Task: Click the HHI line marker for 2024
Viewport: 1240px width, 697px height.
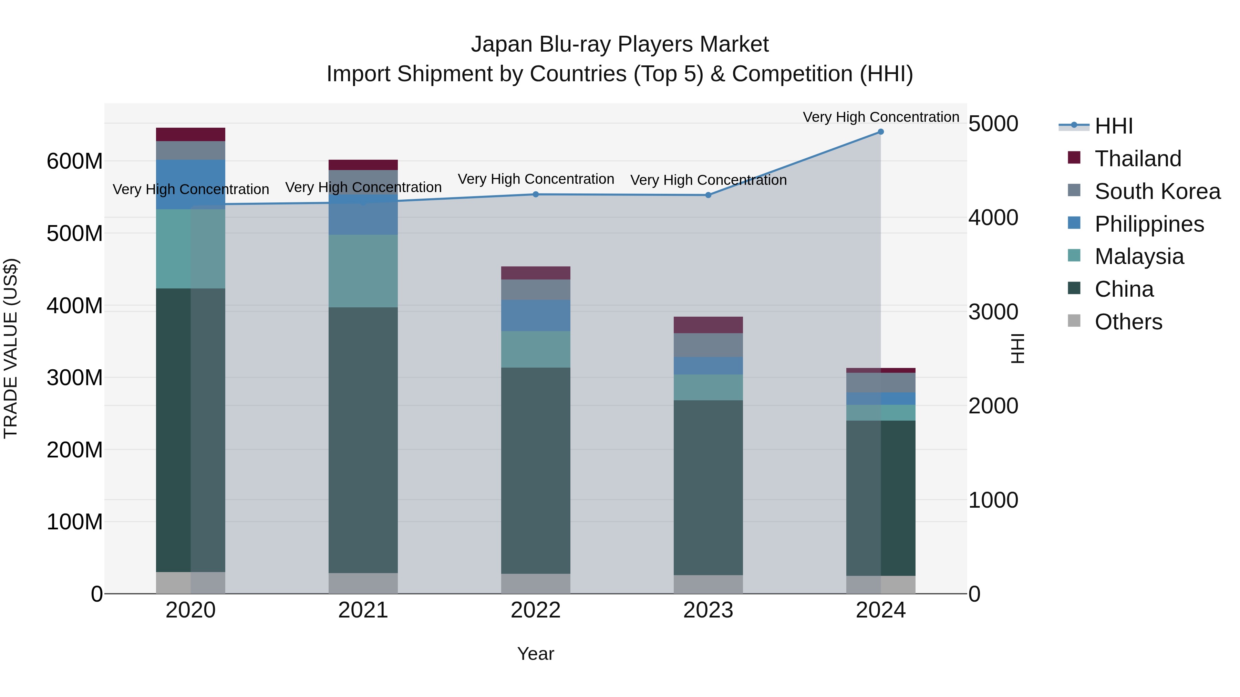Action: pyautogui.click(x=880, y=132)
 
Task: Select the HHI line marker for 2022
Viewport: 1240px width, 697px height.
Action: pyautogui.click(x=536, y=194)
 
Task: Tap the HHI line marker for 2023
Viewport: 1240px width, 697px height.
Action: pyautogui.click(x=708, y=195)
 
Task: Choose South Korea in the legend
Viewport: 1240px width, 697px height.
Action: pyautogui.click(x=1157, y=191)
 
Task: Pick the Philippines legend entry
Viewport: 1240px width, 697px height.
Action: pyautogui.click(x=1149, y=224)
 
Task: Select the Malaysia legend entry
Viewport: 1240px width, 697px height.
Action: pyautogui.click(x=1139, y=256)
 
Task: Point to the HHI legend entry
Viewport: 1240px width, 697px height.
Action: pyautogui.click(x=1113, y=126)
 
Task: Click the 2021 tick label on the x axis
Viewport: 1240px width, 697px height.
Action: pyautogui.click(x=363, y=610)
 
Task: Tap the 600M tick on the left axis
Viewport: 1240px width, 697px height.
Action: pyautogui.click(x=75, y=161)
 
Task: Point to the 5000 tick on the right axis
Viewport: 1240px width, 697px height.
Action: pyautogui.click(x=993, y=124)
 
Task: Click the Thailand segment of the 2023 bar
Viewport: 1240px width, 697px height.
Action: pyautogui.click(x=708, y=325)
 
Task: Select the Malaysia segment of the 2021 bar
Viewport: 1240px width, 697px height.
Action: pyautogui.click(x=363, y=271)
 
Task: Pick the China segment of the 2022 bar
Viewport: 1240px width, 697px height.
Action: pyautogui.click(x=536, y=471)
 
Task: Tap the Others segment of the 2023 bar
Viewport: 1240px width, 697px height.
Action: pyautogui.click(x=708, y=584)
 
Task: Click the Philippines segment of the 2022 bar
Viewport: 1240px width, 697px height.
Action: pyautogui.click(x=536, y=316)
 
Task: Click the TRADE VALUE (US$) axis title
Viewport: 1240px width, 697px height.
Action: pyautogui.click(x=11, y=348)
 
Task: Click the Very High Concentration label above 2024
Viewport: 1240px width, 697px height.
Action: pyautogui.click(x=880, y=117)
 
